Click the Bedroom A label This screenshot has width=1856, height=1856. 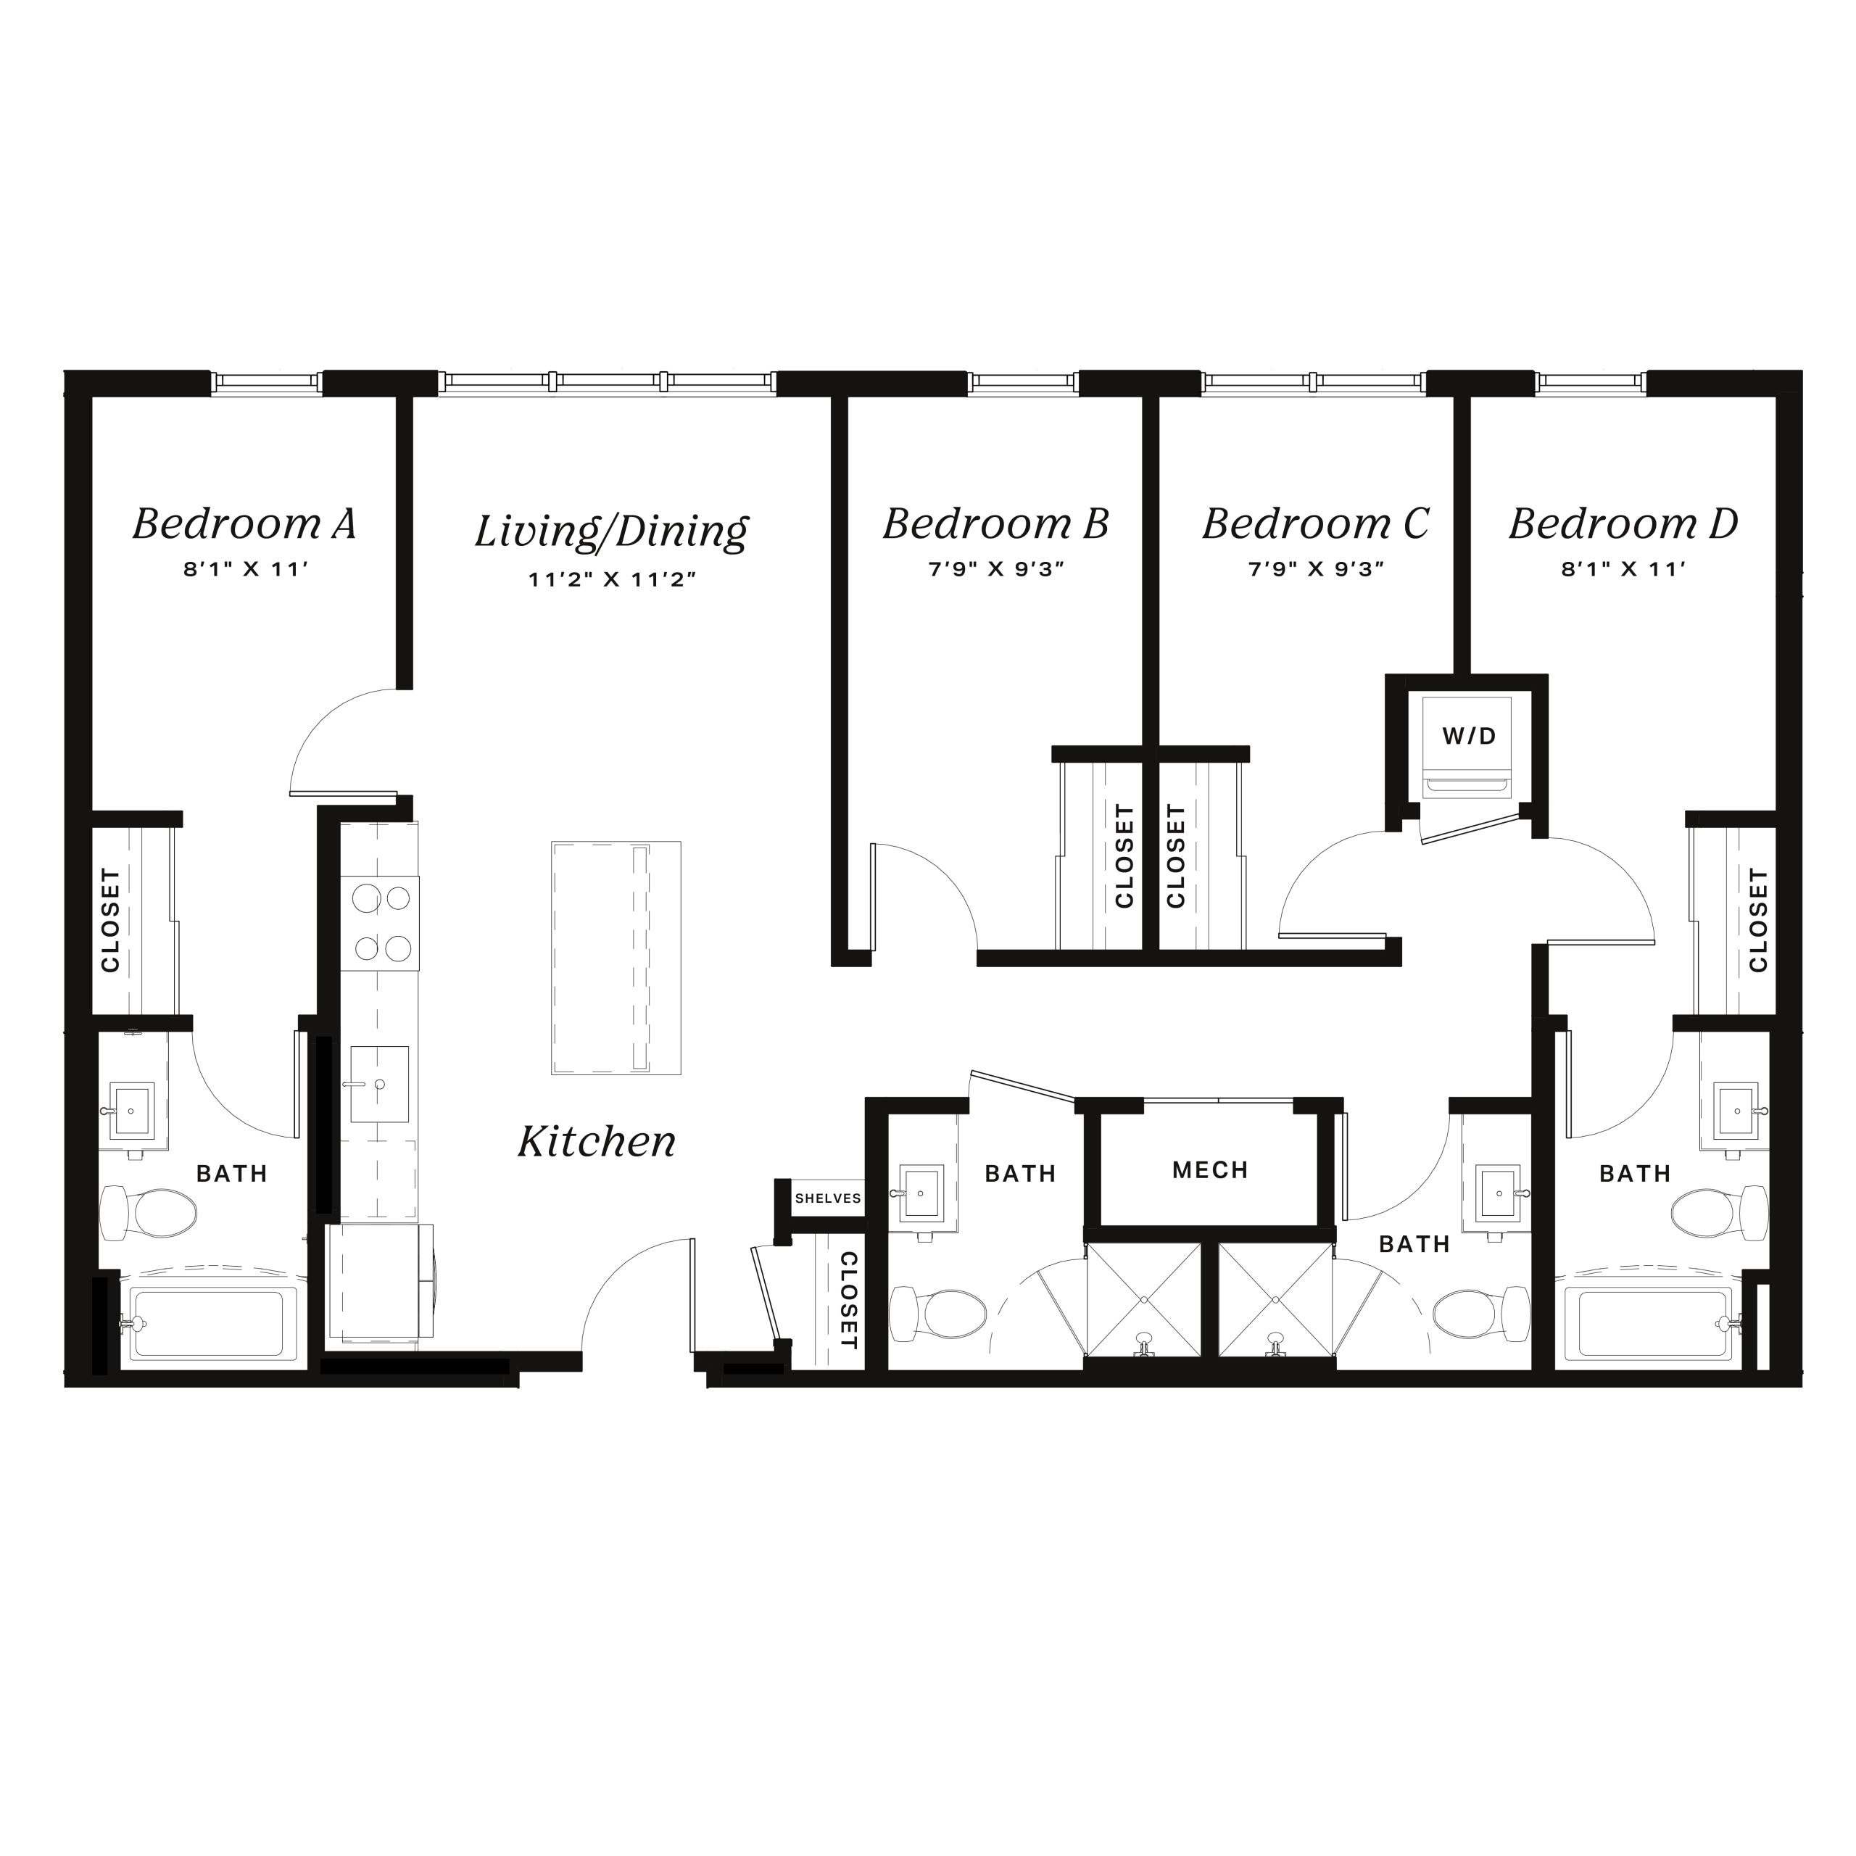244,523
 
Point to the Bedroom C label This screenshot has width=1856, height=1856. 1315,523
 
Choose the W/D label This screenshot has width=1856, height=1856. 1469,737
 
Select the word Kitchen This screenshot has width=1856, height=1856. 597,1141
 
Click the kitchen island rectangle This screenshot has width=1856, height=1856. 616,958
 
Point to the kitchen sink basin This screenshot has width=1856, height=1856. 379,1084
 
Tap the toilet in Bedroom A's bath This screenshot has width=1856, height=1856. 149,1212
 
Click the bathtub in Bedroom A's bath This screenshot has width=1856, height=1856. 213,1324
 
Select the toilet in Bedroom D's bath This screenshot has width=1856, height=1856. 1719,1212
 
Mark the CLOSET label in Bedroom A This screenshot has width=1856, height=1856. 110,919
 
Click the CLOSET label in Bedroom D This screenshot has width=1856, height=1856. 1758,919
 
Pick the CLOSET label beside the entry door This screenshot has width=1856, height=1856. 848,1300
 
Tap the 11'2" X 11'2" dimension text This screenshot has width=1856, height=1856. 611,579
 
